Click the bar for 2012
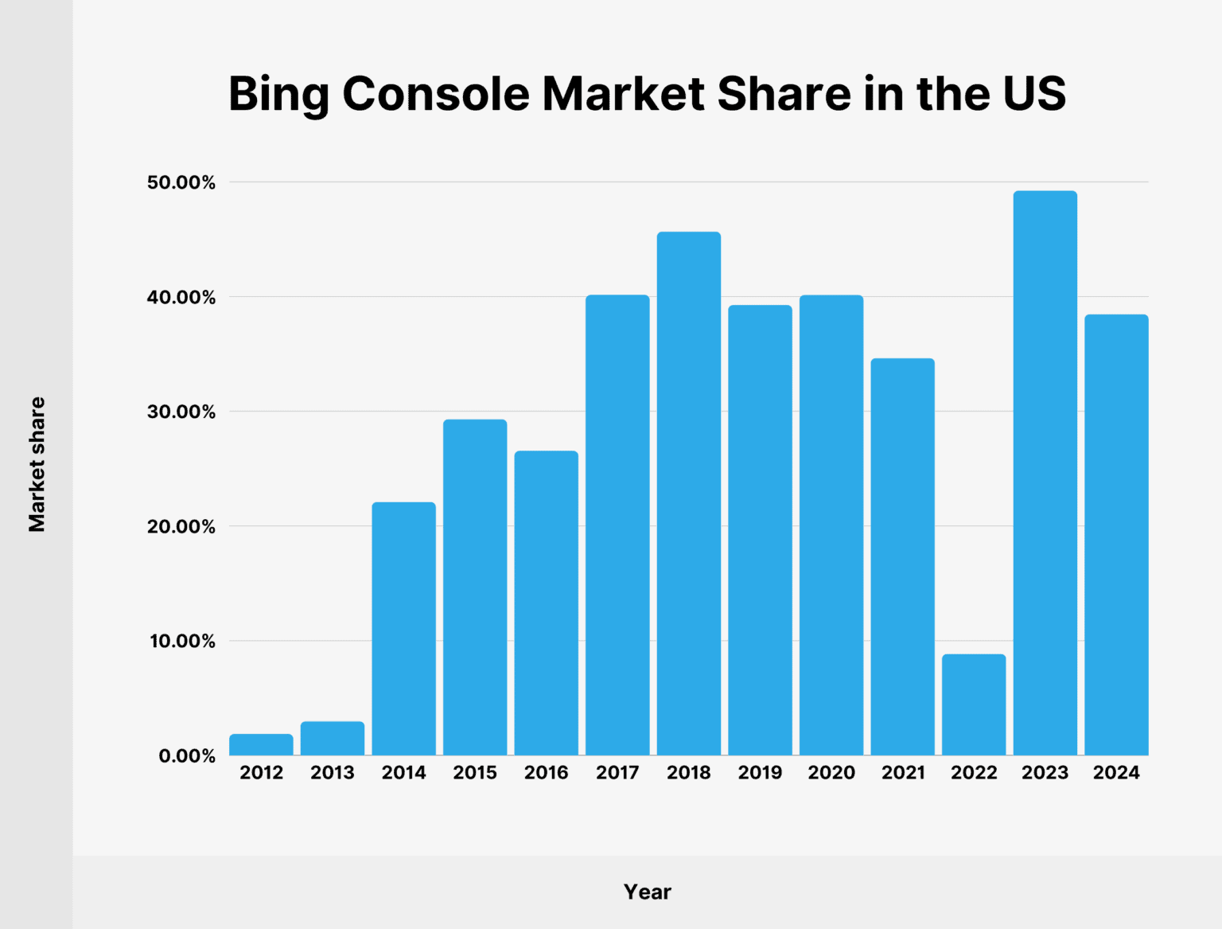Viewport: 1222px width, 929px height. click(261, 744)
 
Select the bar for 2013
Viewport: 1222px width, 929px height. click(333, 738)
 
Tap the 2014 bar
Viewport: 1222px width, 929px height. click(403, 628)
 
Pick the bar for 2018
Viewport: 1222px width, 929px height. click(689, 493)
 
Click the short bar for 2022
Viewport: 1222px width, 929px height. click(974, 705)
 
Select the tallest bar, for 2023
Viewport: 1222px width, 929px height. click(1045, 473)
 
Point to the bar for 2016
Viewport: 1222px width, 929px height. click(546, 603)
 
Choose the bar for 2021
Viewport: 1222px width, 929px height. click(902, 556)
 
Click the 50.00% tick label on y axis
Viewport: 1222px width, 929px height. click(181, 182)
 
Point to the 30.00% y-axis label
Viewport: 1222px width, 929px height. click(181, 412)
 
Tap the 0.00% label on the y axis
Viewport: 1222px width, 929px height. click(186, 755)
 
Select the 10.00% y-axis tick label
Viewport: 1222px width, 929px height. click(182, 641)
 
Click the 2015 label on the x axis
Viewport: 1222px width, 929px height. click(475, 772)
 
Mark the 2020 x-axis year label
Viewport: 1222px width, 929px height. click(831, 772)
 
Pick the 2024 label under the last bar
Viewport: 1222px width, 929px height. click(1116, 772)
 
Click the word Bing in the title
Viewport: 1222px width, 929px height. click(278, 94)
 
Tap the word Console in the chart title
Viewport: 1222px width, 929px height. click(436, 94)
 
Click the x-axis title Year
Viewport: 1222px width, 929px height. click(647, 892)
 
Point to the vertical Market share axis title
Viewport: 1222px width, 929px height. click(37, 464)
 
